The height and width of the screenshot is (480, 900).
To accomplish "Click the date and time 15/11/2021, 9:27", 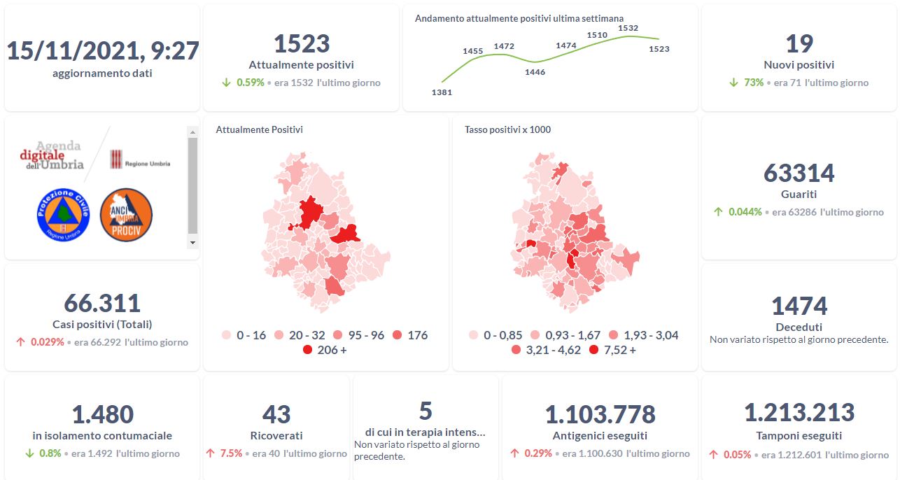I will pos(103,50).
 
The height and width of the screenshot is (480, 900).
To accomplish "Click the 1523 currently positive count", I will pos(301,43).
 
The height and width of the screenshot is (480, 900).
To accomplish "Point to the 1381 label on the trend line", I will pos(442,92).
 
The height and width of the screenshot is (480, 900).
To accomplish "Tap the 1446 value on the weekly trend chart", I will pos(535,72).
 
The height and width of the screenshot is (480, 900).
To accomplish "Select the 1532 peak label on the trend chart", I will pos(628,28).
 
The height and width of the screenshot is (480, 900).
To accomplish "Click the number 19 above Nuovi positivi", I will pos(799,43).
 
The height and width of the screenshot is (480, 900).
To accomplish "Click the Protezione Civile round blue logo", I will pos(63,214).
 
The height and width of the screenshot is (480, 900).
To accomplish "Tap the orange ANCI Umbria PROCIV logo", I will pos(126,214).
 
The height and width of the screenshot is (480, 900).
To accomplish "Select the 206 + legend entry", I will pos(325,350).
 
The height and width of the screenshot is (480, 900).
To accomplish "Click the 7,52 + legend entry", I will pos(612,350).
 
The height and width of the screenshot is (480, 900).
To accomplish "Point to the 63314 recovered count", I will pos(799,173).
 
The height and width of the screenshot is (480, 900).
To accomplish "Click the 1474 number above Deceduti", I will pos(799,306).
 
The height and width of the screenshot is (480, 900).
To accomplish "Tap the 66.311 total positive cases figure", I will pos(102,303).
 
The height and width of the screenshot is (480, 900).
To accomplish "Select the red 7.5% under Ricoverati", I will pos(231,453).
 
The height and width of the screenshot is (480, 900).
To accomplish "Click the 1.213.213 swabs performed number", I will pos(799,413).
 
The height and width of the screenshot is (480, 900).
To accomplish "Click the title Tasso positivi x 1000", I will pos(507,129).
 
